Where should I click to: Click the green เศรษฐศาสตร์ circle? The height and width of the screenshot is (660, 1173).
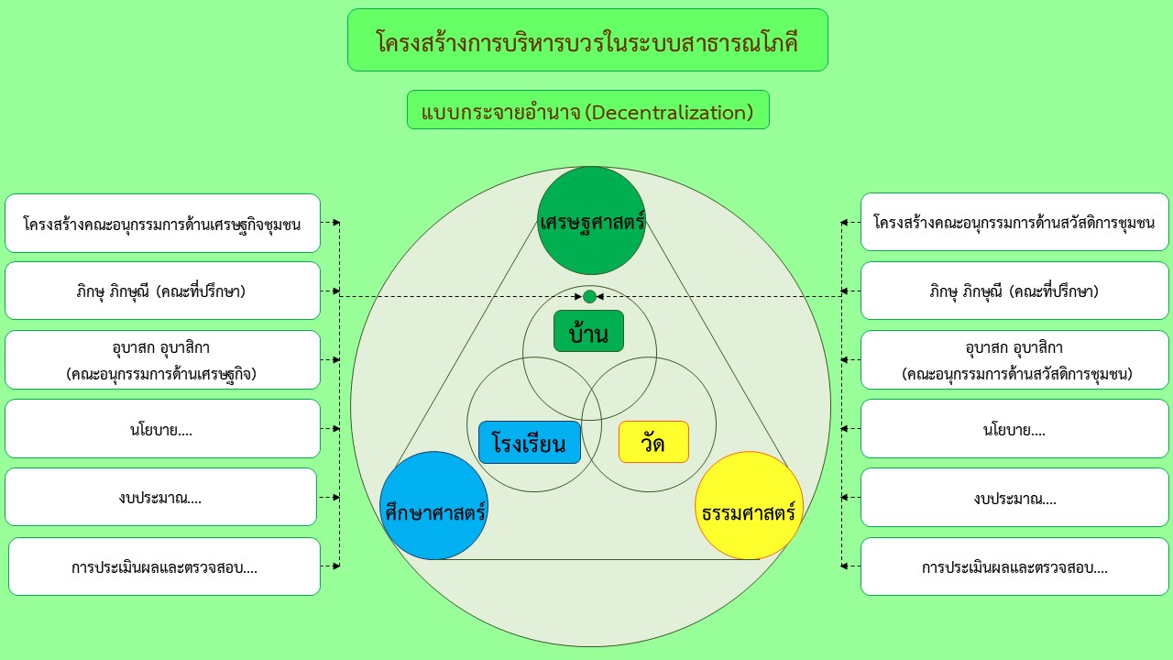pyautogui.click(x=591, y=221)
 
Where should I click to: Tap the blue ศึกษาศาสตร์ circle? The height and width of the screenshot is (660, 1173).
pyautogui.click(x=434, y=505)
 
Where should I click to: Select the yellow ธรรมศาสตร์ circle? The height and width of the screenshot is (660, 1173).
pyautogui.click(x=749, y=505)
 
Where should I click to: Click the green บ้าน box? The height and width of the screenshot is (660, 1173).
pyautogui.click(x=588, y=331)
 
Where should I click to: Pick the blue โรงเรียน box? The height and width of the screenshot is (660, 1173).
pyautogui.click(x=530, y=442)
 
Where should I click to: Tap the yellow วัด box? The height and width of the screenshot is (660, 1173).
pyautogui.click(x=653, y=442)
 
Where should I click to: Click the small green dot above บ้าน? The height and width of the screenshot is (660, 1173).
pyautogui.click(x=589, y=296)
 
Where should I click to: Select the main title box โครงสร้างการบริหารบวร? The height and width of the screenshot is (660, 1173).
pyautogui.click(x=587, y=39)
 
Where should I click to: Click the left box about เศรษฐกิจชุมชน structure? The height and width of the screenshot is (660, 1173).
pyautogui.click(x=162, y=223)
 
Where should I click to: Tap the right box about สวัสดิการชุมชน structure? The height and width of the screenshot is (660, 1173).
pyautogui.click(x=1014, y=222)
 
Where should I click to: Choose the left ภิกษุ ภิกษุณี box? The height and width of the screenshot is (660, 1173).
pyautogui.click(x=162, y=291)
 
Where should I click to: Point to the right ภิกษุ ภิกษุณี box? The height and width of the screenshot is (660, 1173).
pyautogui.click(x=1014, y=291)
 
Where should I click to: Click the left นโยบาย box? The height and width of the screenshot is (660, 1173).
pyautogui.click(x=162, y=428)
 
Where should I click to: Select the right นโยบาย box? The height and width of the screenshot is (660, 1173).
pyautogui.click(x=1014, y=428)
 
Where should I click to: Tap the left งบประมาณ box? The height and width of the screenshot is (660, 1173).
pyautogui.click(x=160, y=497)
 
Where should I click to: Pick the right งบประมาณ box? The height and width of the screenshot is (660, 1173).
pyautogui.click(x=1014, y=498)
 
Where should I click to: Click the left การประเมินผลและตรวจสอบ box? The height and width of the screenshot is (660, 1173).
pyautogui.click(x=164, y=566)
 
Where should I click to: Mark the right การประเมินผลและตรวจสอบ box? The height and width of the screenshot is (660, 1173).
pyautogui.click(x=1014, y=566)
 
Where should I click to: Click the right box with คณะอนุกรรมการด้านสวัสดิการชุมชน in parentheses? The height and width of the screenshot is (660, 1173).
pyautogui.click(x=1014, y=360)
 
